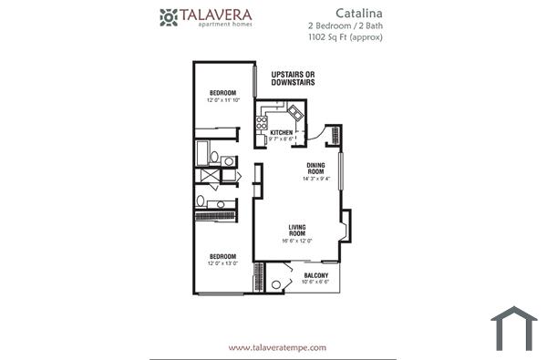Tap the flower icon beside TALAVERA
point(169,16)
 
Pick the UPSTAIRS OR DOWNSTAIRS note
point(293,78)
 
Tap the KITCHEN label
point(282,133)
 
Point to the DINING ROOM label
point(315,168)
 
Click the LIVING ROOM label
point(297,230)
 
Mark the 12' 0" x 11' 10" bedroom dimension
point(223,100)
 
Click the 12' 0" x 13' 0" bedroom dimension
point(223,263)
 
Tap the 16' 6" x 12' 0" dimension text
point(297,241)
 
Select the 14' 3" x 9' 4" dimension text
point(315,180)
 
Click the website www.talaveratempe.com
point(276,347)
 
